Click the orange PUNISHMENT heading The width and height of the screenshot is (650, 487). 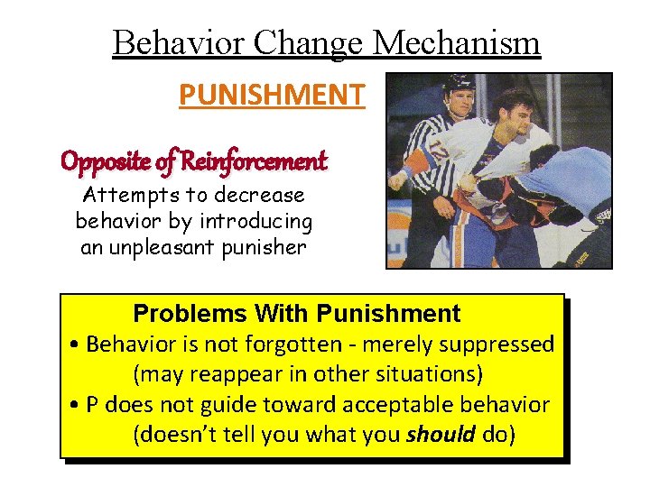tap(272, 94)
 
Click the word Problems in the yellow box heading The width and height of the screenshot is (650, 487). tap(190, 314)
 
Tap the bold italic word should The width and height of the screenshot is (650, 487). tap(441, 435)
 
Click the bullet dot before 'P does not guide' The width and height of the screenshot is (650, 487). tap(73, 405)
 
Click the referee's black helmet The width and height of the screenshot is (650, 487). tap(459, 84)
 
